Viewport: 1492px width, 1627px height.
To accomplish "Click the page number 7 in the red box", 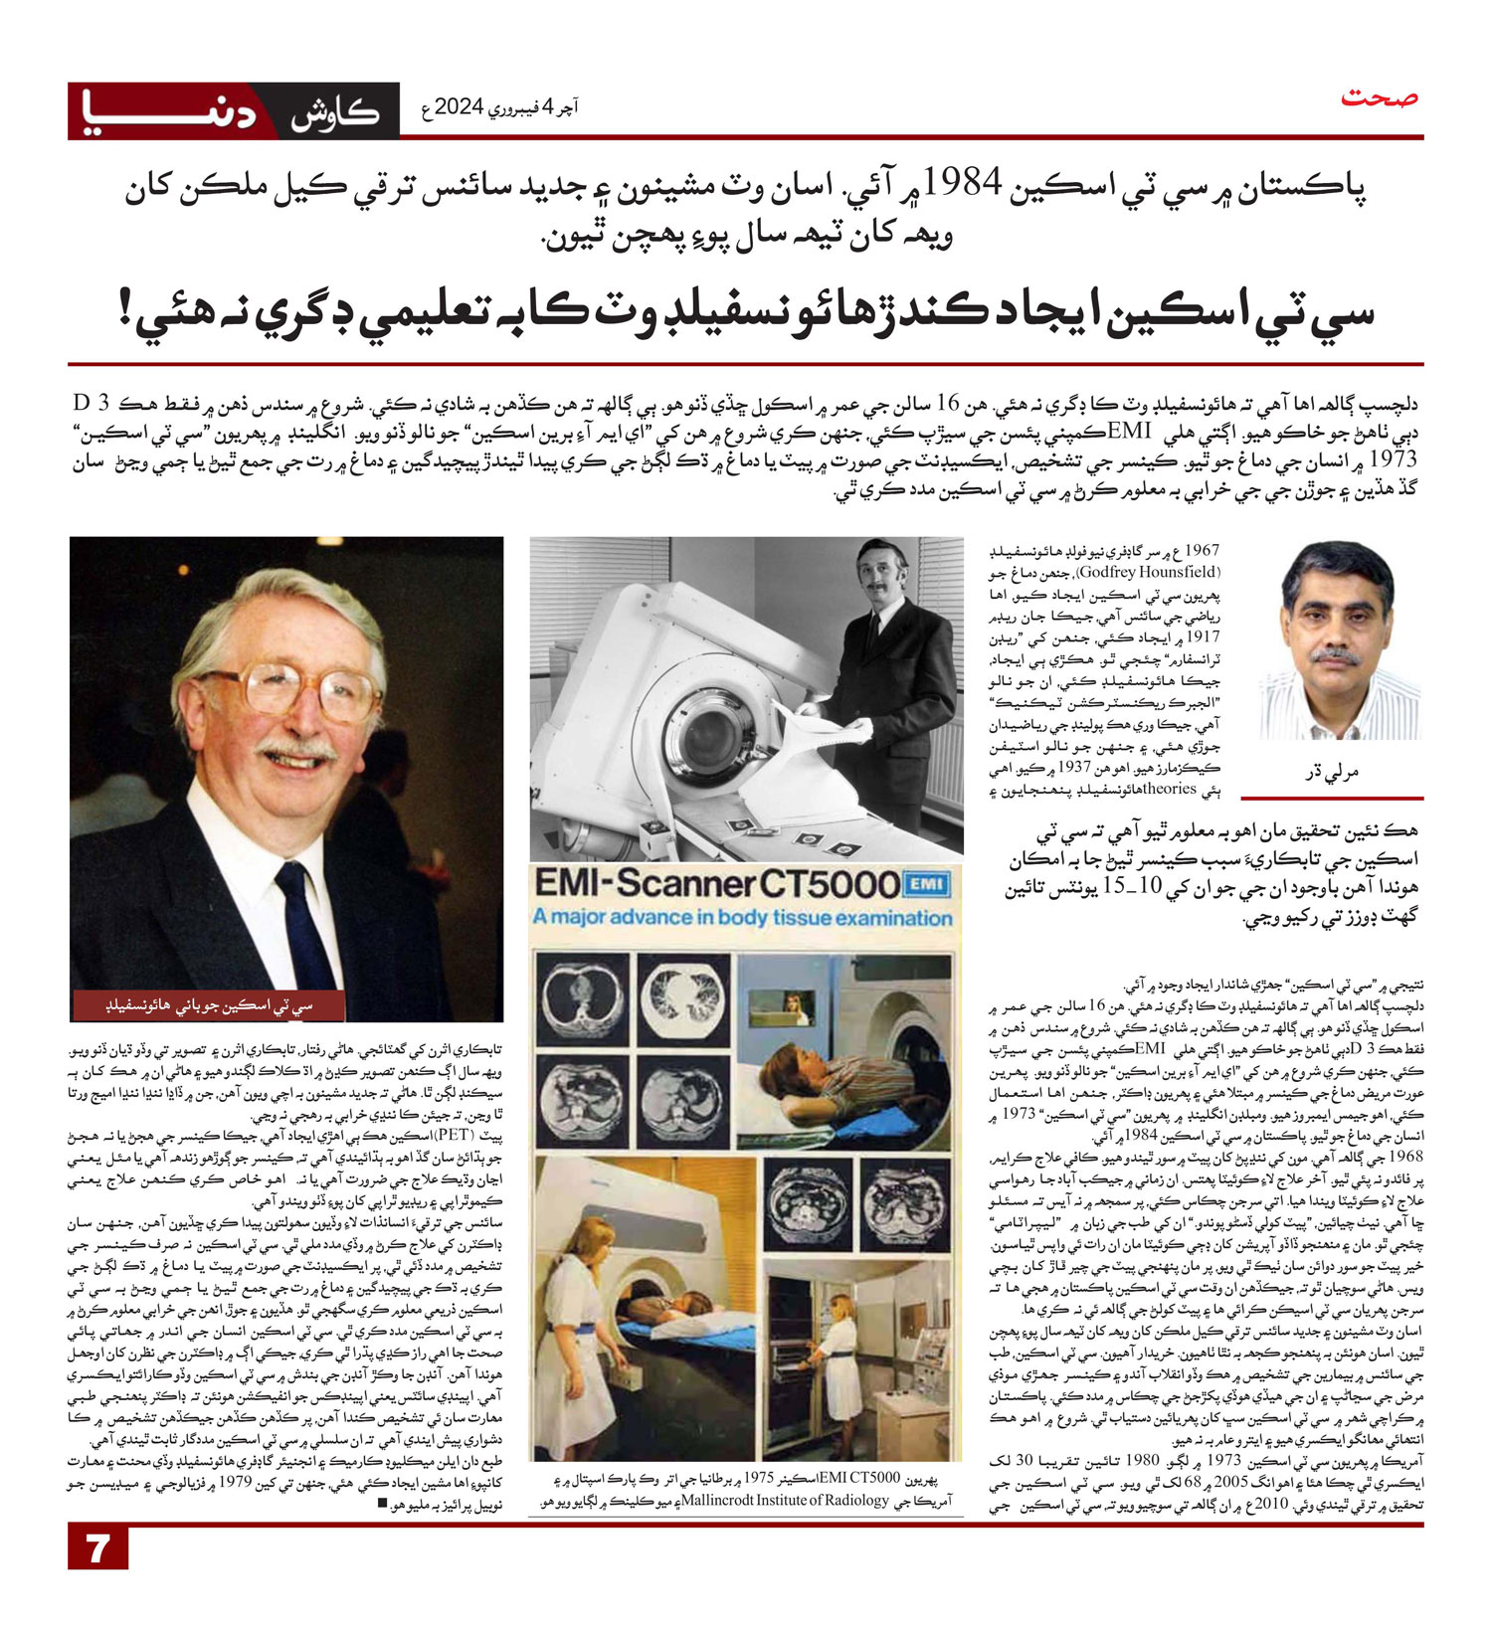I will click(97, 1548).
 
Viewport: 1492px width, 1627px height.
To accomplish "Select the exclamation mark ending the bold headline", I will click(130, 311).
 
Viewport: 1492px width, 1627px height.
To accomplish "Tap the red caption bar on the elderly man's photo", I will click(209, 1004).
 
